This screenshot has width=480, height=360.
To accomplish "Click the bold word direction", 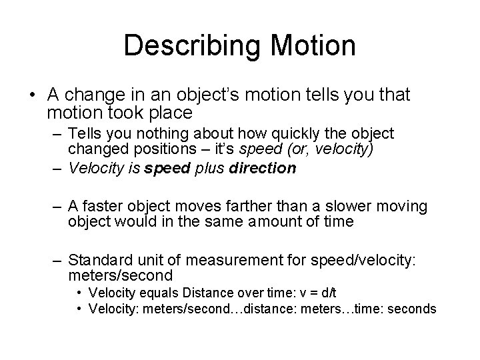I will tap(263, 168).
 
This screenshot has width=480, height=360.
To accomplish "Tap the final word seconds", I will tap(413, 309).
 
